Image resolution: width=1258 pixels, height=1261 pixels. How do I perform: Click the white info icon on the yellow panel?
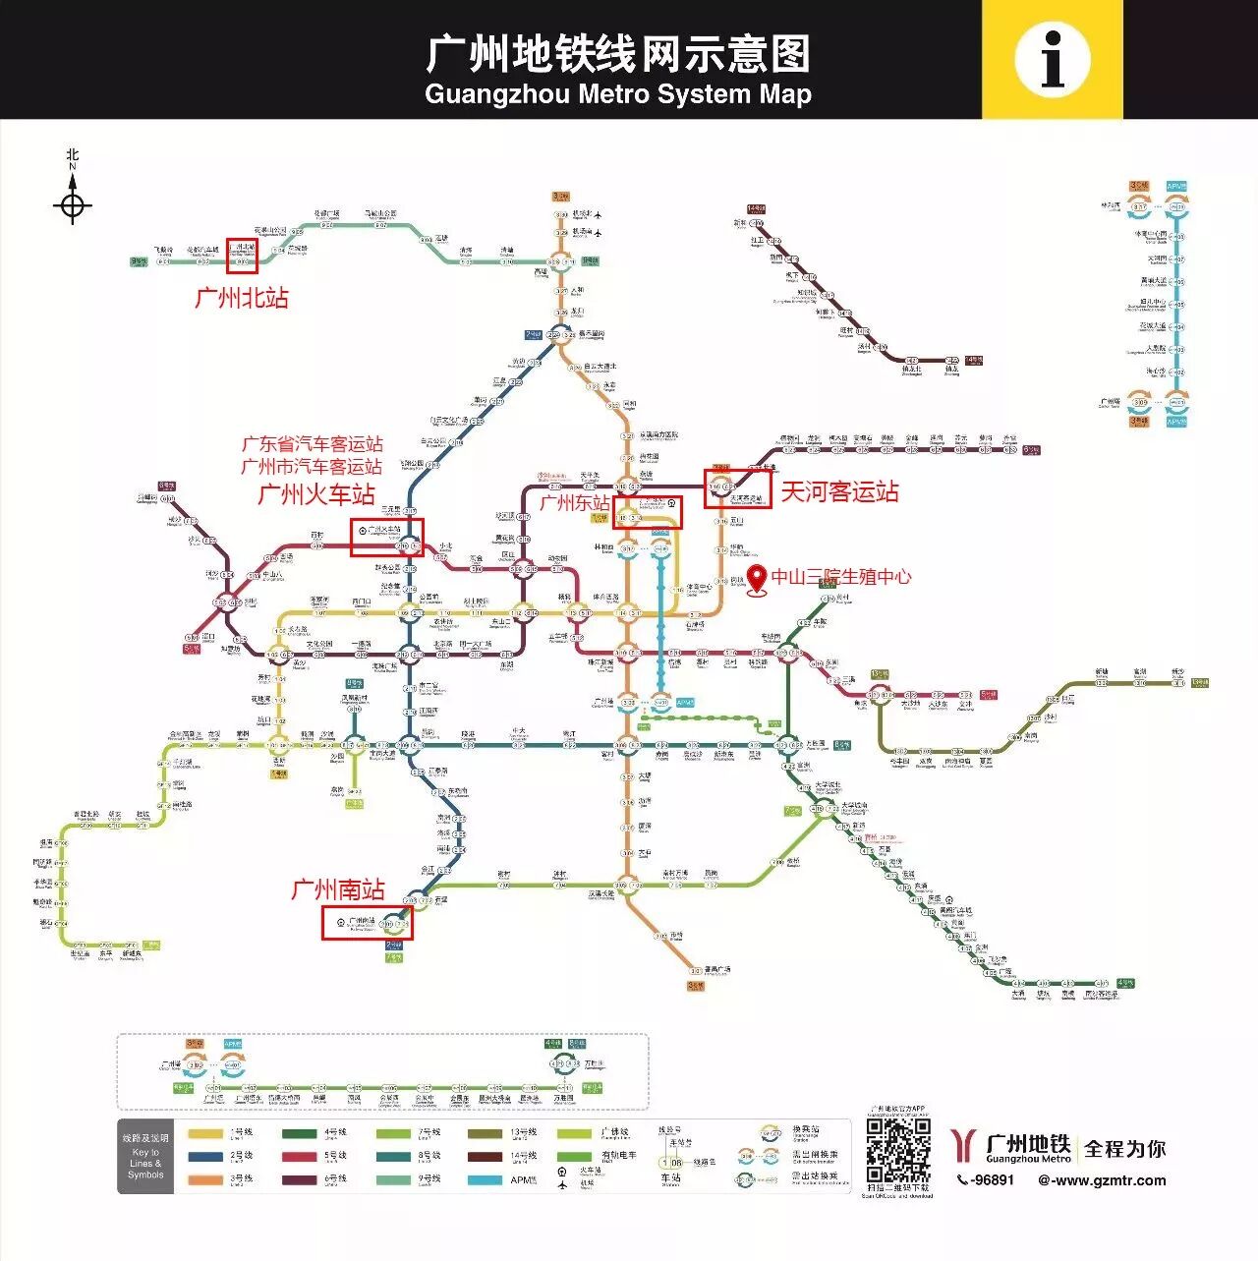pos(1053,59)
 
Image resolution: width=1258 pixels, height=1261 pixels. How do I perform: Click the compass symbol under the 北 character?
pos(72,206)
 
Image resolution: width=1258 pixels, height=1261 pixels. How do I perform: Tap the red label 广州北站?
pos(242,297)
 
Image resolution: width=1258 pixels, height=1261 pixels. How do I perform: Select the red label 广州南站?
pos(338,889)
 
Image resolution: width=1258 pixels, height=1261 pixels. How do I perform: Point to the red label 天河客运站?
pos(839,491)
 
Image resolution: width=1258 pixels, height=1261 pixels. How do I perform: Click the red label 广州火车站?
pos(316,493)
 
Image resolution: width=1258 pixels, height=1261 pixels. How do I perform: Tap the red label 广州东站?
pos(575,503)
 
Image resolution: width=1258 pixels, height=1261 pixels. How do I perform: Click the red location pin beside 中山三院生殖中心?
pos(757,580)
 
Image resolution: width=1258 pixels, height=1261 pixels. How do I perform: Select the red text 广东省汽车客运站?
pos(313,444)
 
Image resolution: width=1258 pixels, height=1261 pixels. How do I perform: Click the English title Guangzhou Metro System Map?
pos(618,94)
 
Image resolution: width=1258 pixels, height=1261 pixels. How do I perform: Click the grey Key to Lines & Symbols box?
pos(145,1157)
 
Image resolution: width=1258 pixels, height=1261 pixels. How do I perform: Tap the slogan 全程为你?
pos(1124,1148)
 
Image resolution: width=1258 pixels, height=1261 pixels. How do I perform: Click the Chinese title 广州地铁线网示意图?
pos(618,54)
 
